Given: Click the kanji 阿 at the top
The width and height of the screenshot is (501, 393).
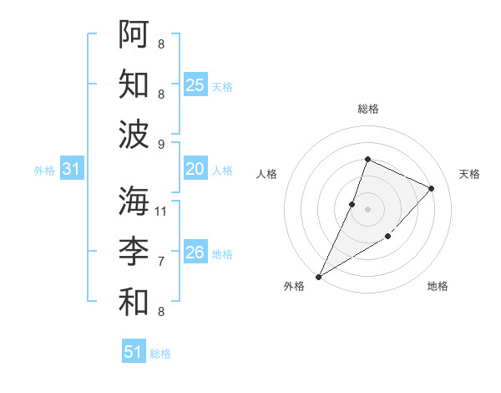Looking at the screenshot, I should pos(134,34).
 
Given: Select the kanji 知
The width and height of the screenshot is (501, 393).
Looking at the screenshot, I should pos(134,84).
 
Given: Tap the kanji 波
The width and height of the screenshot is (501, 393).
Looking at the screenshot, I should pos(134,133).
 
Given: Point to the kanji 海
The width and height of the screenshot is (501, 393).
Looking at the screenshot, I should pos(134,202).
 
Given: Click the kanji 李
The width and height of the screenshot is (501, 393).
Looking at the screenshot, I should pos(134,252).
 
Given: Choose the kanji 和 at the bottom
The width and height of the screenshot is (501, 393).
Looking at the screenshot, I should pos(134,301).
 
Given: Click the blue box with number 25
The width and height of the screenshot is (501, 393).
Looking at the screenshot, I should pos(195,85).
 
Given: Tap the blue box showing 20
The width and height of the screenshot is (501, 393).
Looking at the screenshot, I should pos(195,170).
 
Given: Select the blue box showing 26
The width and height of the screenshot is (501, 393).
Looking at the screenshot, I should pos(195,253).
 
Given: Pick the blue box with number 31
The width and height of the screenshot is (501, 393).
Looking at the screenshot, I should pos(72,170).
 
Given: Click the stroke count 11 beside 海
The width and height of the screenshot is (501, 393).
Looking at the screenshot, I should pos(161,211).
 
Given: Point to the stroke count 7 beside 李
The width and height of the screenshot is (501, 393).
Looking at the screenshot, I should pos(161,262).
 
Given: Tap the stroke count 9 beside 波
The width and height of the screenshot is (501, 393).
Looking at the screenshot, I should pos(161,144).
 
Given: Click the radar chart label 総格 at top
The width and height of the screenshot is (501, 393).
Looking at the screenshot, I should pos(367,109).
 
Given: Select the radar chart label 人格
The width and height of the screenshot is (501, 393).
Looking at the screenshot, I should pos(267,174).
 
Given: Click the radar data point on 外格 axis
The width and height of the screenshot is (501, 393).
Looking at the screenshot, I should pos(318,276).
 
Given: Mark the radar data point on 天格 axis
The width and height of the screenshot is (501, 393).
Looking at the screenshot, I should pos(432,188).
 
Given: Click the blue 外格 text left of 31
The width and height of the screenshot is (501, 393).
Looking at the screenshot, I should pos(44,171).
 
